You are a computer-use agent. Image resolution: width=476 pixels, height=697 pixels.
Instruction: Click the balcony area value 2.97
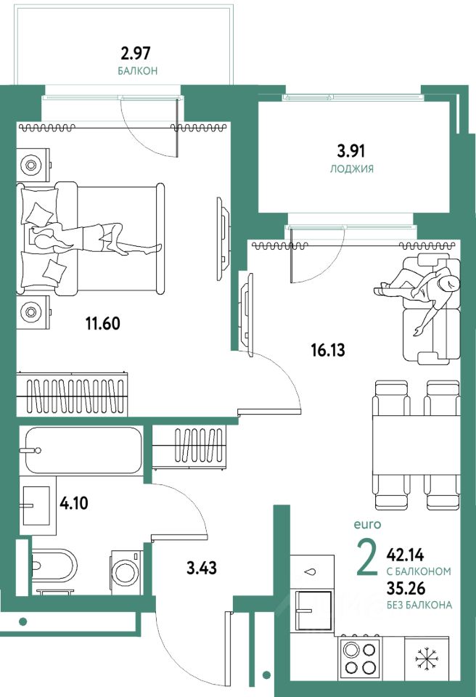coord(136,53)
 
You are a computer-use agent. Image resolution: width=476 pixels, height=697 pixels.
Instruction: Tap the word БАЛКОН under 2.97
coord(138,70)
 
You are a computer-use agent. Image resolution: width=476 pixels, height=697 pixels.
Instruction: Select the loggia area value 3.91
coord(351,151)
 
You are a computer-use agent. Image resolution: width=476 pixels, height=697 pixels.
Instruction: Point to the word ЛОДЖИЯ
coord(351,168)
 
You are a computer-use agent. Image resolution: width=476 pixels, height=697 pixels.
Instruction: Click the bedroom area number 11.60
coord(102,323)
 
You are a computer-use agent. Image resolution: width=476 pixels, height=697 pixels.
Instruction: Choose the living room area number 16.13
coord(328,350)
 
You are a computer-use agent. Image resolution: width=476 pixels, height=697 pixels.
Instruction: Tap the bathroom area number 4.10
coord(74,503)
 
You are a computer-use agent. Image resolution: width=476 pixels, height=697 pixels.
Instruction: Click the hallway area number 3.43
coord(202,568)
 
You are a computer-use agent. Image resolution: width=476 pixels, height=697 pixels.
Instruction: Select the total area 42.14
coord(406,555)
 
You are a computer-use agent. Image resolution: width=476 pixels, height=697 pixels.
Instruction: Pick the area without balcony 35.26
coord(406,588)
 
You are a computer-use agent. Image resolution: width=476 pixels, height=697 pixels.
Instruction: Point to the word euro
coord(367,524)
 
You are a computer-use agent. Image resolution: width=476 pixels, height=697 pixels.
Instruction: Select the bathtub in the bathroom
coord(83,450)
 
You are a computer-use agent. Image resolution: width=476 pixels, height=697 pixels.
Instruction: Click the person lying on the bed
coord(94,238)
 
